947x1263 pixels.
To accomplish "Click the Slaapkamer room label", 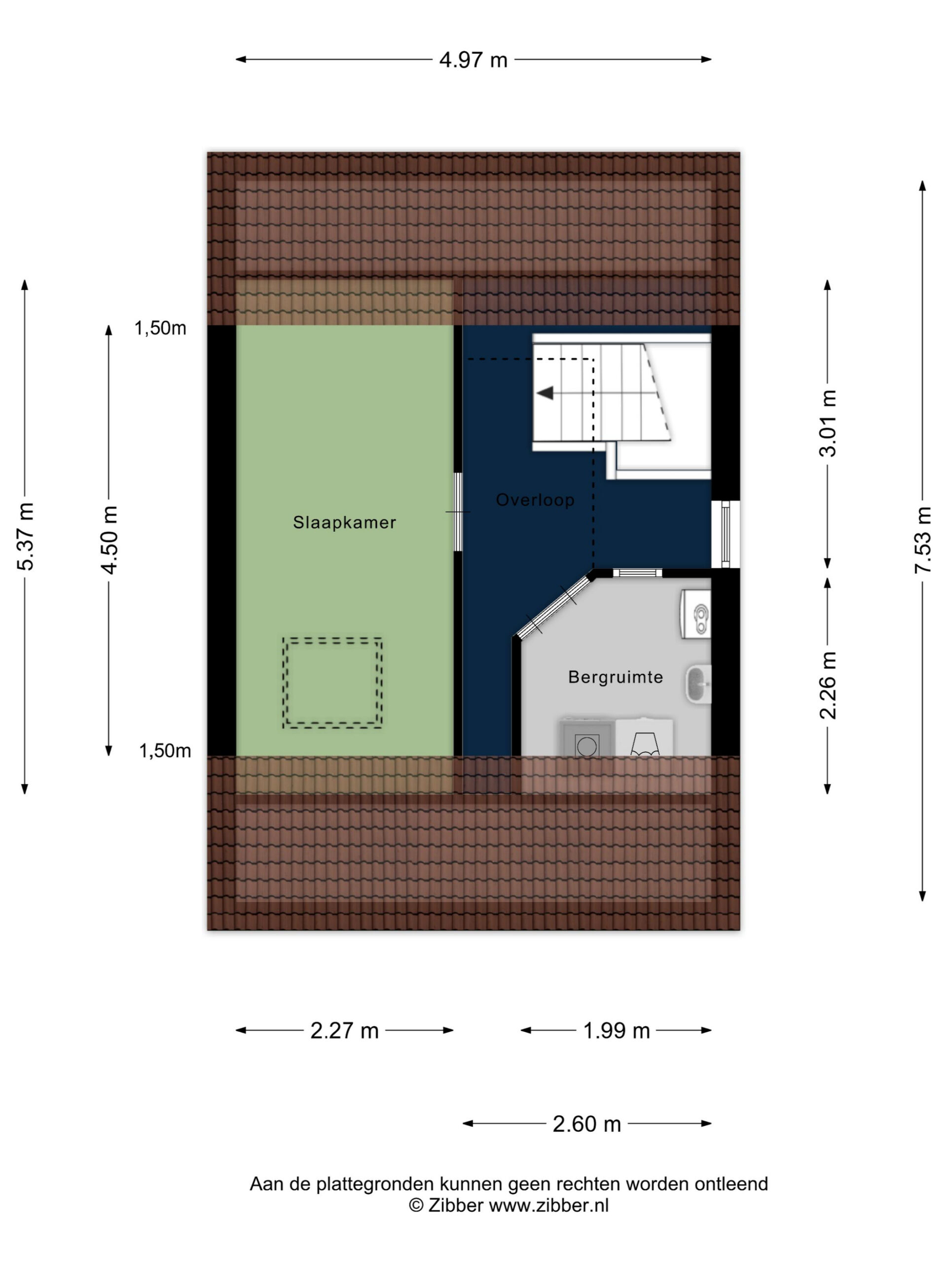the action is coord(344,522).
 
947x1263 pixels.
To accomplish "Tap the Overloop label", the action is coord(535,500).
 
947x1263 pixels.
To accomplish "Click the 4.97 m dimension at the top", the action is coord(473,59).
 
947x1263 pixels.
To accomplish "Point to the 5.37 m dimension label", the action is coord(26,536).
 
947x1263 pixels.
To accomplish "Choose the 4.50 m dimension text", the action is coord(109,539).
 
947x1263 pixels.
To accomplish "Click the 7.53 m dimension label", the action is coord(922,540).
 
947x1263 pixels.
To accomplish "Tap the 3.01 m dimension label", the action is coord(828,423).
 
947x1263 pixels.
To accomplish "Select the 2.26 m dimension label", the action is coord(828,685).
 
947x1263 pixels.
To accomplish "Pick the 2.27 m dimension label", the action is coord(344,1031).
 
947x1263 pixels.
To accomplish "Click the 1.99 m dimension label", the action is coord(616,1031).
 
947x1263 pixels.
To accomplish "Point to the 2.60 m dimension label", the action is coord(586,1124).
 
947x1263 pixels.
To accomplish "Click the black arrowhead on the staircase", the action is coord(545,393).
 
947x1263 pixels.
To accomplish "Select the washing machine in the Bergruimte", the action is coord(586,738).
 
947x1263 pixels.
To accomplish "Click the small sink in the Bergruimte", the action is coord(698,683).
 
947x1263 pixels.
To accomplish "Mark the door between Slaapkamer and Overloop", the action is coord(458,512).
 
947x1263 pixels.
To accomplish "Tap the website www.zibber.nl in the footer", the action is coord(548,1205).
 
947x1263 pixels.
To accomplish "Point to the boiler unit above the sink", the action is coord(696,613).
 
